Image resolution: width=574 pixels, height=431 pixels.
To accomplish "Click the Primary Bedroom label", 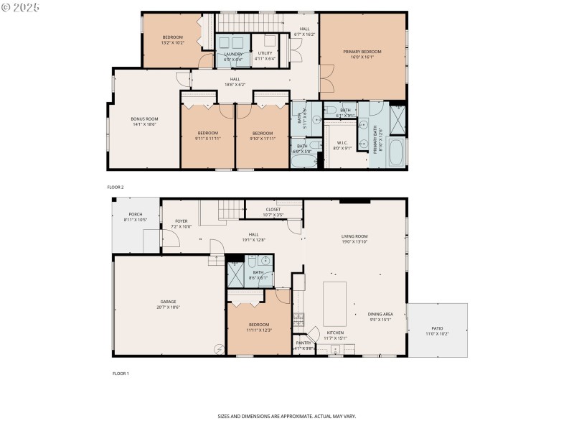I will tap(362, 52).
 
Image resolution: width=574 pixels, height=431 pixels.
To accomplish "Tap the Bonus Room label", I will tap(144, 119).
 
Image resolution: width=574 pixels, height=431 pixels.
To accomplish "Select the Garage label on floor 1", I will tap(169, 302).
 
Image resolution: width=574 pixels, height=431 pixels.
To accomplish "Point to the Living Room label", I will tap(354, 236).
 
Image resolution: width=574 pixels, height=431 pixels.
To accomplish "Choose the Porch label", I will tap(135, 214).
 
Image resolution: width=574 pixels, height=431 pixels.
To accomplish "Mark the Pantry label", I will tap(304, 343).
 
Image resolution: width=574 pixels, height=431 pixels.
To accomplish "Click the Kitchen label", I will tap(335, 333).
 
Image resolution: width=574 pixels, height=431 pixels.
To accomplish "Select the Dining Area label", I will tap(380, 315).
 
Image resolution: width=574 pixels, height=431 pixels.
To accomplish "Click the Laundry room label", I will tap(233, 54).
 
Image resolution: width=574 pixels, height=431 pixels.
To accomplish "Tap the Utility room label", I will tap(265, 53).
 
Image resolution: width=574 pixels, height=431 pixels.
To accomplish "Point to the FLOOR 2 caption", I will tap(116, 187).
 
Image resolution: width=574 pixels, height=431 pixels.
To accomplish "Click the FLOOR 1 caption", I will tap(121, 374).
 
